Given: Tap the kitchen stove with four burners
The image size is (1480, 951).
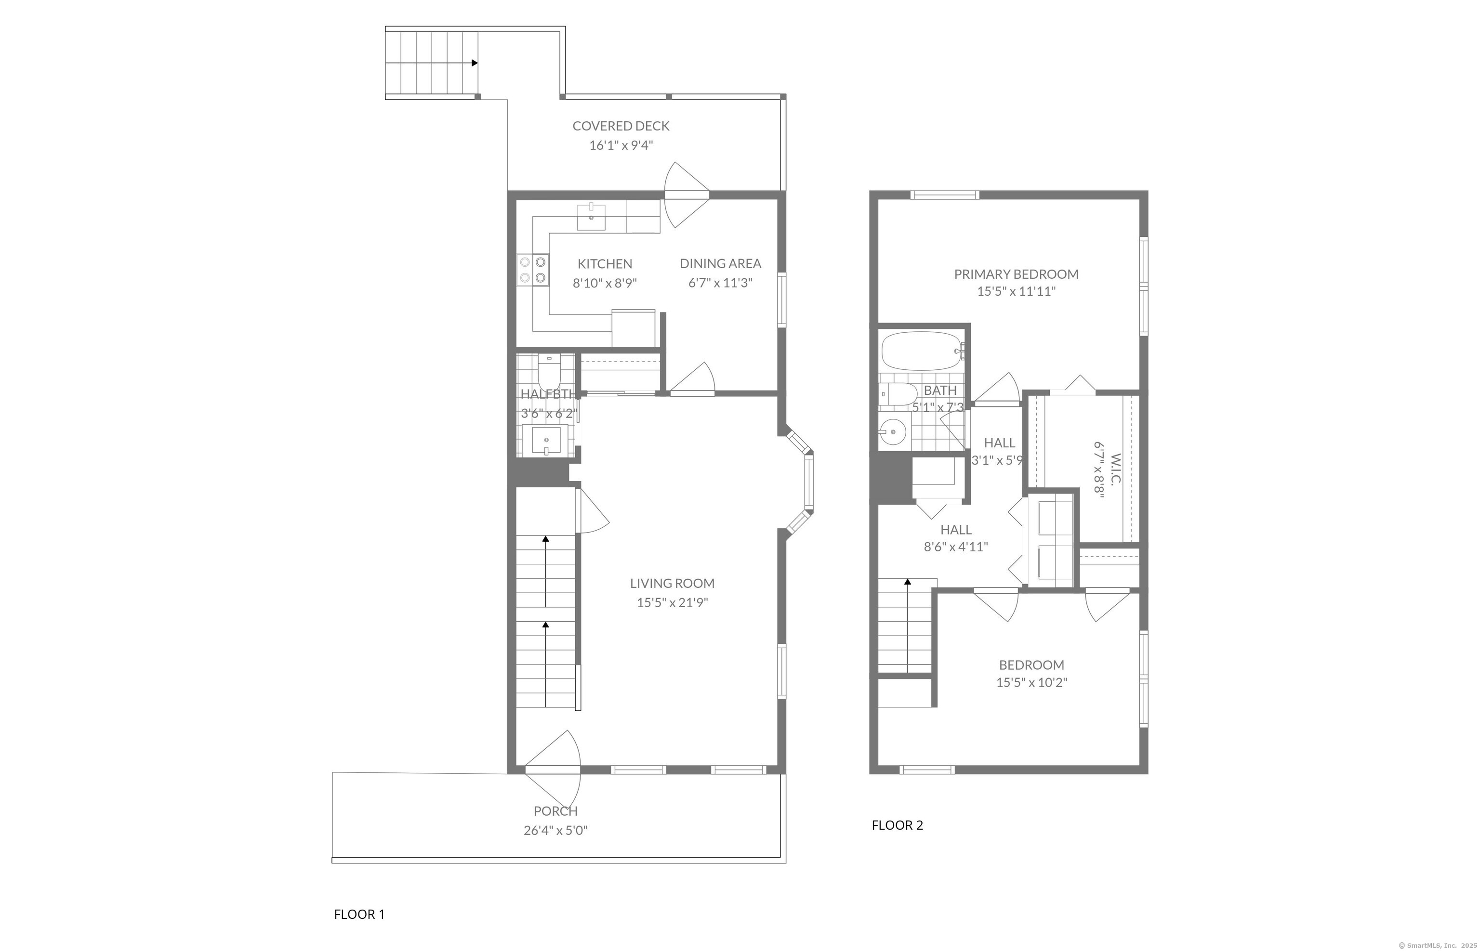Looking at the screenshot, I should [533, 271].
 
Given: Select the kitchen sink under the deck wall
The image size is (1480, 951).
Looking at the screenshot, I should [591, 216].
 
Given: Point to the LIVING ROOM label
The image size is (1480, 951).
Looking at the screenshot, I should [672, 583].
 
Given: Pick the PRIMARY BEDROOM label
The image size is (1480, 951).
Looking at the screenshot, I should [1016, 274].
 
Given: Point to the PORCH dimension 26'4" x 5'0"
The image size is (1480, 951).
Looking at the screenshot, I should [555, 831].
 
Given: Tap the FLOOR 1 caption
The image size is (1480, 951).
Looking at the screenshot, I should [359, 914].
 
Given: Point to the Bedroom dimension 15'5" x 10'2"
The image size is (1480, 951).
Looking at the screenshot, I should [1031, 683].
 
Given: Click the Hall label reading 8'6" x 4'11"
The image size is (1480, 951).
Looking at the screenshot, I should [955, 547].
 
